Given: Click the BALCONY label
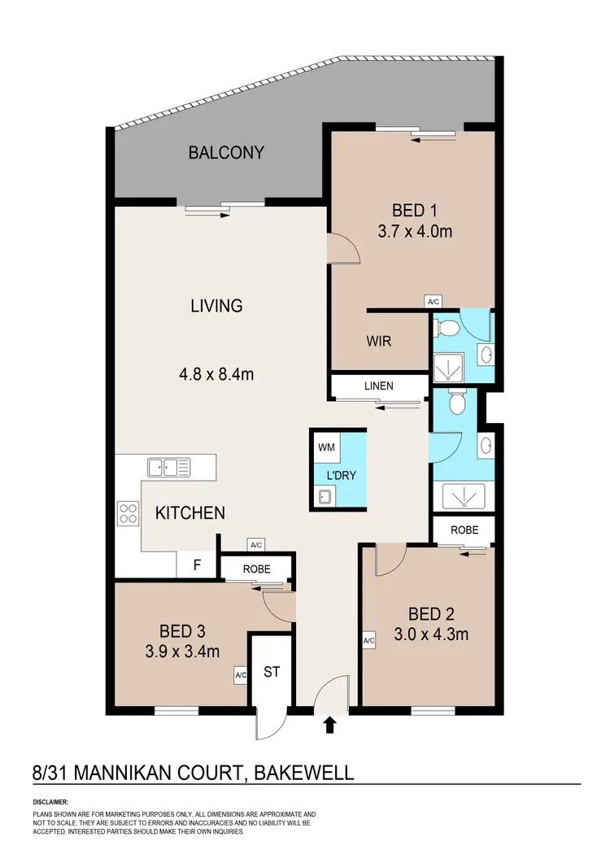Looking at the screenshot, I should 226,152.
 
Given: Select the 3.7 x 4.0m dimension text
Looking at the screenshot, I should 415,231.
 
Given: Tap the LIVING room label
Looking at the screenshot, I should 216,306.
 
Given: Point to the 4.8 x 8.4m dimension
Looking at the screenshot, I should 217,374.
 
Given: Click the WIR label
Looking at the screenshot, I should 379,342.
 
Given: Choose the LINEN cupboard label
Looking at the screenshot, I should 379,386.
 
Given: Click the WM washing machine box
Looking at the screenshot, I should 325,447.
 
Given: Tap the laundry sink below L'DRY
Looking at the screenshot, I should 325,495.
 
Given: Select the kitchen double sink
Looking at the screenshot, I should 168,467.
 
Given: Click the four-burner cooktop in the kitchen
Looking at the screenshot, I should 129,512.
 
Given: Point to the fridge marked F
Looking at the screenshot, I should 196,564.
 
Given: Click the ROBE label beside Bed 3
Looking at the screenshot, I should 255,569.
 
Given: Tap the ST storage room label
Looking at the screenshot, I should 271,672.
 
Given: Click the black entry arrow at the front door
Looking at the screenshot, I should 330,725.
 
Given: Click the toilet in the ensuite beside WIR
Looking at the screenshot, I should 446,328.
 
